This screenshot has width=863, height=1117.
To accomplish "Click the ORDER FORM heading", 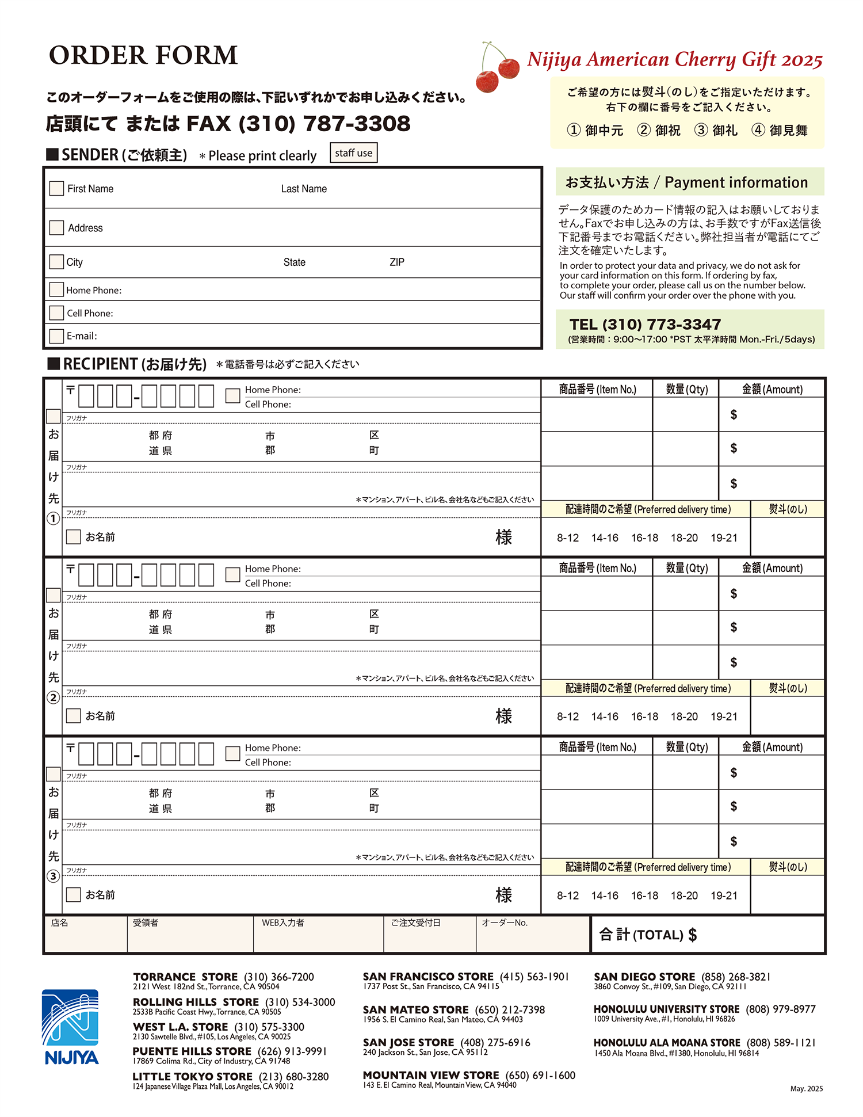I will (143, 55).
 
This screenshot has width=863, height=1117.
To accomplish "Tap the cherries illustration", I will (497, 68).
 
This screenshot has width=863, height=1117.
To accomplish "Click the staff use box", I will (353, 153).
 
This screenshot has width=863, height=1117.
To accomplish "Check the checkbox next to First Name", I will (56, 188).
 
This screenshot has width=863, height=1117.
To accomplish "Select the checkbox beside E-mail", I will (56, 336).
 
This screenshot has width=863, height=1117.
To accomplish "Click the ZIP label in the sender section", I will (397, 262).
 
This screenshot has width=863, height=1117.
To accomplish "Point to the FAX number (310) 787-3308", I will (324, 124).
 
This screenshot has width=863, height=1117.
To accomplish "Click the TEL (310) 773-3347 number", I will (645, 325).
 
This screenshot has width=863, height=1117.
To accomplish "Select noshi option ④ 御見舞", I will (780, 131).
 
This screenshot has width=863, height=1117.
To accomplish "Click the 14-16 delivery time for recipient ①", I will (605, 538).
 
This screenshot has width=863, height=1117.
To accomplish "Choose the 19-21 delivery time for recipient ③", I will (724, 896).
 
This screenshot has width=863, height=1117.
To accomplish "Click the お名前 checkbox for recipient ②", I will (73, 716).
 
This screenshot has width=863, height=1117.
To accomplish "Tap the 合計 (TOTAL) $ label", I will (648, 935).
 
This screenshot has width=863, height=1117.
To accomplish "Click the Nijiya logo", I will (71, 1026).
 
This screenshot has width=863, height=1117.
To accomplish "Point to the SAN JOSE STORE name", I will (408, 1043).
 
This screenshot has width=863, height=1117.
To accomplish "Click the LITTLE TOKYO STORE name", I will (193, 1077).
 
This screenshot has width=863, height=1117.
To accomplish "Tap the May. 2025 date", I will (806, 1089).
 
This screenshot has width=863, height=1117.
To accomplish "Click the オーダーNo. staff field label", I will (505, 923).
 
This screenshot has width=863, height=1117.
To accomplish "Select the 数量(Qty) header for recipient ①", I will (686, 390).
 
